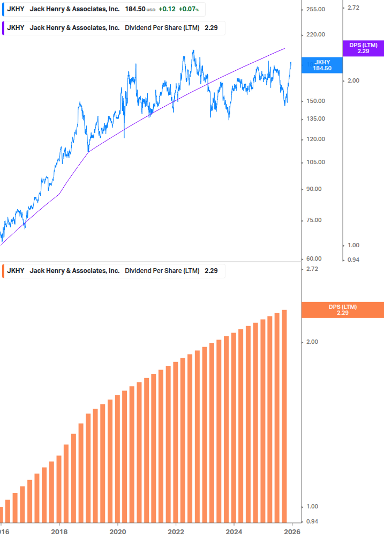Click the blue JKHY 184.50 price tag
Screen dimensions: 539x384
pos(322,65)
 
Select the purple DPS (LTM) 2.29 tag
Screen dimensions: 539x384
pos(363,48)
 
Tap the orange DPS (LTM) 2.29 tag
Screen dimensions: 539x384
pos(343,309)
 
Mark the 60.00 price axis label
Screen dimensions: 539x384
pos(314,259)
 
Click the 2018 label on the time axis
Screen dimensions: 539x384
pos(59,532)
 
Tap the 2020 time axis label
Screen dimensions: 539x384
pos(117,532)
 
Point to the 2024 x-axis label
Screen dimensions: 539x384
pos(234,532)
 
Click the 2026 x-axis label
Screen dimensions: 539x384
pos(292,532)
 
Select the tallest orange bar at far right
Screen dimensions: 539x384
pos(284,416)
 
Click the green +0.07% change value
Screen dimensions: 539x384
pos(189,10)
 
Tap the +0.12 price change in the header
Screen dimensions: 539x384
pos(167,10)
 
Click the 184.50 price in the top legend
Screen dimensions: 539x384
pos(135,10)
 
